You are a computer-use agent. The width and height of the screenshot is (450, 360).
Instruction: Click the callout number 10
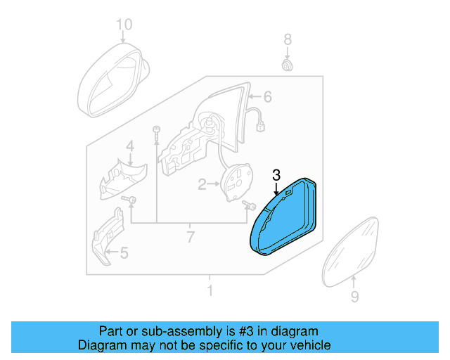pos(124,25)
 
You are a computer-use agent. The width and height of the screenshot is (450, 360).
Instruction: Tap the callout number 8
pos(287,39)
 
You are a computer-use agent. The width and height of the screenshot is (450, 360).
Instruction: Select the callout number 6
pos(267,96)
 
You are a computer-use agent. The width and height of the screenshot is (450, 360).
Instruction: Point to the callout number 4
pos(129,146)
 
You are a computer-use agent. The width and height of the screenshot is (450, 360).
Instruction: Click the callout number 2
pos(202,184)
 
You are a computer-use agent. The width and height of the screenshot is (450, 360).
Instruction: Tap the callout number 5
pos(124,252)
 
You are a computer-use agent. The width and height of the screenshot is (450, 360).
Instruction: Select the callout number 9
pos(354,297)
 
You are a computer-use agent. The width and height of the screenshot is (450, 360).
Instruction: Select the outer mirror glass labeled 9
pos(355,250)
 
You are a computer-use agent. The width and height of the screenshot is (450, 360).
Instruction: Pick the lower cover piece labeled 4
pos(121,179)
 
